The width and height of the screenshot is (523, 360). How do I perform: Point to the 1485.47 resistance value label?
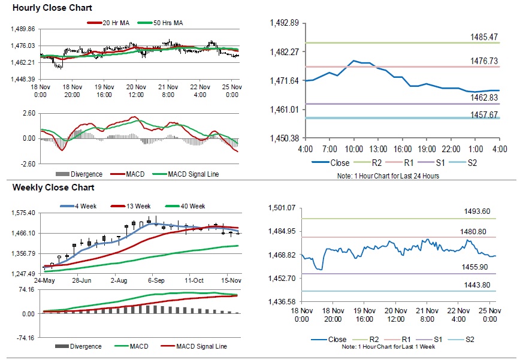(x=484, y=37)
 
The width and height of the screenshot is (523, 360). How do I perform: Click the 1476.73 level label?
(x=484, y=61)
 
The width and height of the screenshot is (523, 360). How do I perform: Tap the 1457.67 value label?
(x=484, y=114)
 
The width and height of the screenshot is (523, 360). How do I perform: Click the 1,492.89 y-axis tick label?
(x=285, y=23)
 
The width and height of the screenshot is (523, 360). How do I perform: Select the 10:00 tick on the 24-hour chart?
(x=353, y=148)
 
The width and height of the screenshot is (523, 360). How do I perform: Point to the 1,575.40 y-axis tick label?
(x=25, y=213)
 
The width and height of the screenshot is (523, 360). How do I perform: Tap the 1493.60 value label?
(x=477, y=211)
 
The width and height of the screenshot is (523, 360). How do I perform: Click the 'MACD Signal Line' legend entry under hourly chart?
(x=195, y=174)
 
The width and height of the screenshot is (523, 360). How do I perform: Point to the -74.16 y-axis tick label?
(x=25, y=337)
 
